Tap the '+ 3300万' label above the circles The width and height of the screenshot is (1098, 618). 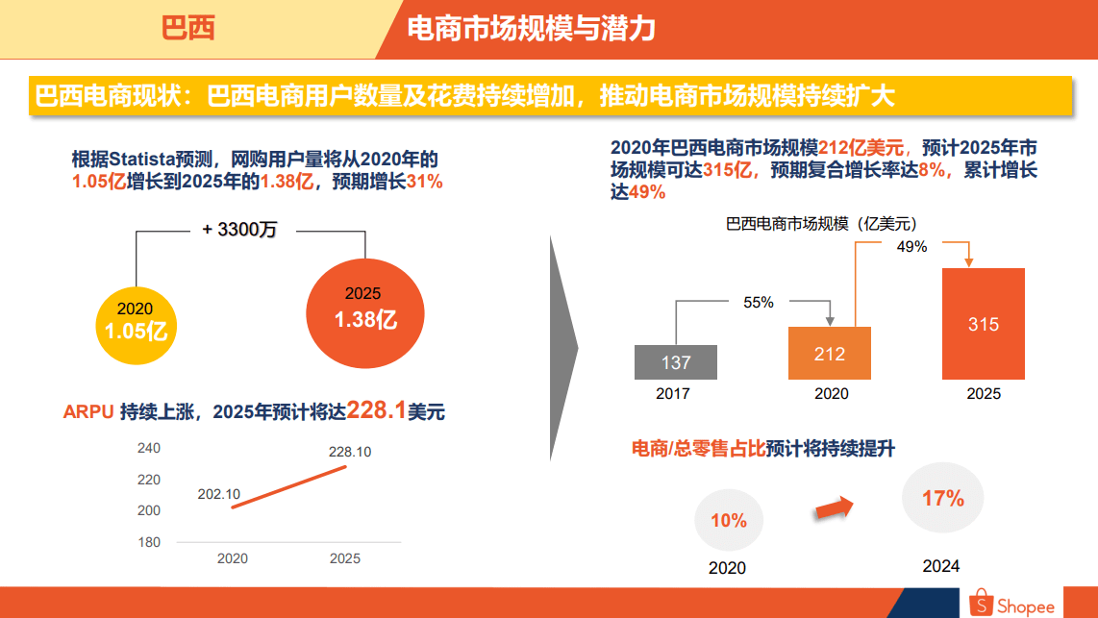click(239, 230)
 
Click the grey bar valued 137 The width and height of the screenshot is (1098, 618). click(676, 362)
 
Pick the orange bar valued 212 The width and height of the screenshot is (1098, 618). click(830, 353)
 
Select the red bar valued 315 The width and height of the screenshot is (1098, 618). click(984, 324)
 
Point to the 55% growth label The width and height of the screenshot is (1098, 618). click(758, 302)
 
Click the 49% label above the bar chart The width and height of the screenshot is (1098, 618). click(911, 247)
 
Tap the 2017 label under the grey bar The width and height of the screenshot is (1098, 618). click(673, 393)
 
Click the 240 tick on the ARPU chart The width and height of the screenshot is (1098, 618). click(149, 449)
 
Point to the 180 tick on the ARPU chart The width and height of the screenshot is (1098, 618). click(149, 542)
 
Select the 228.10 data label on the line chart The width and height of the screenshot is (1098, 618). click(350, 452)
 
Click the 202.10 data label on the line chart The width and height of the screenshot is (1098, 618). click(218, 494)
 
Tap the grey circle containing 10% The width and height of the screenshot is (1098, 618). click(729, 521)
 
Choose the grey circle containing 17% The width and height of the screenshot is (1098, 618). click(942, 498)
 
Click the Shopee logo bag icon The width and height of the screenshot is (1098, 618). click(981, 603)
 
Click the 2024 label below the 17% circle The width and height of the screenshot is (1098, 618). click(941, 566)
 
